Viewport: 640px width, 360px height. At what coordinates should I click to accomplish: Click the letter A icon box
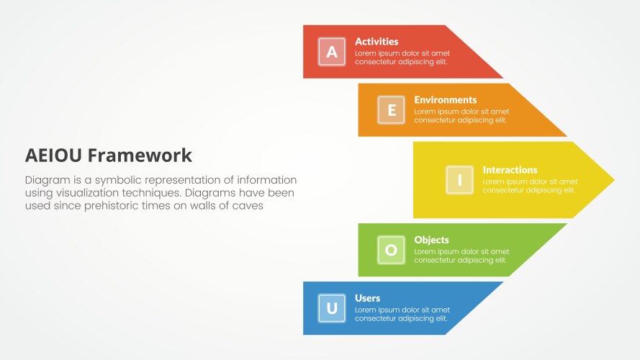[332, 52]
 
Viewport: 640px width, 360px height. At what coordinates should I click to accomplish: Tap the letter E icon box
[391, 110]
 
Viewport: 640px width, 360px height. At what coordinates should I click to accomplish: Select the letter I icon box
[459, 180]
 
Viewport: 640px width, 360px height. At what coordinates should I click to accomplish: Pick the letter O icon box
[391, 250]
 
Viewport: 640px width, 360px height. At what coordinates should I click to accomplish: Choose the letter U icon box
[332, 308]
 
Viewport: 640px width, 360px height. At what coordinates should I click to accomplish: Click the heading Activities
[377, 42]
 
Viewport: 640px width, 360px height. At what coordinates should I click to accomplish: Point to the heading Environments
[445, 100]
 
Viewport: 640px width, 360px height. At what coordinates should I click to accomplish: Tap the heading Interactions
[510, 171]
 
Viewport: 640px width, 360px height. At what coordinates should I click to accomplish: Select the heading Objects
[431, 240]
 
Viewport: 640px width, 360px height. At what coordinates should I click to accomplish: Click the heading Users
[367, 298]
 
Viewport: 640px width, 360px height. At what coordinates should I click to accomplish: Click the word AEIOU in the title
[54, 156]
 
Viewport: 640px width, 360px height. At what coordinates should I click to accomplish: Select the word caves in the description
[247, 206]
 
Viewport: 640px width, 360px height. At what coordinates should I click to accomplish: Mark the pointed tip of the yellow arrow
[613, 179]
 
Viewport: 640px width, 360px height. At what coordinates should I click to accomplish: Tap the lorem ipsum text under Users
[402, 314]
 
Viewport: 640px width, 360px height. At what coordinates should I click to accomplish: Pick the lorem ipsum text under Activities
[402, 58]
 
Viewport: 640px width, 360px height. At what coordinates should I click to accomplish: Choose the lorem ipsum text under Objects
[461, 256]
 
